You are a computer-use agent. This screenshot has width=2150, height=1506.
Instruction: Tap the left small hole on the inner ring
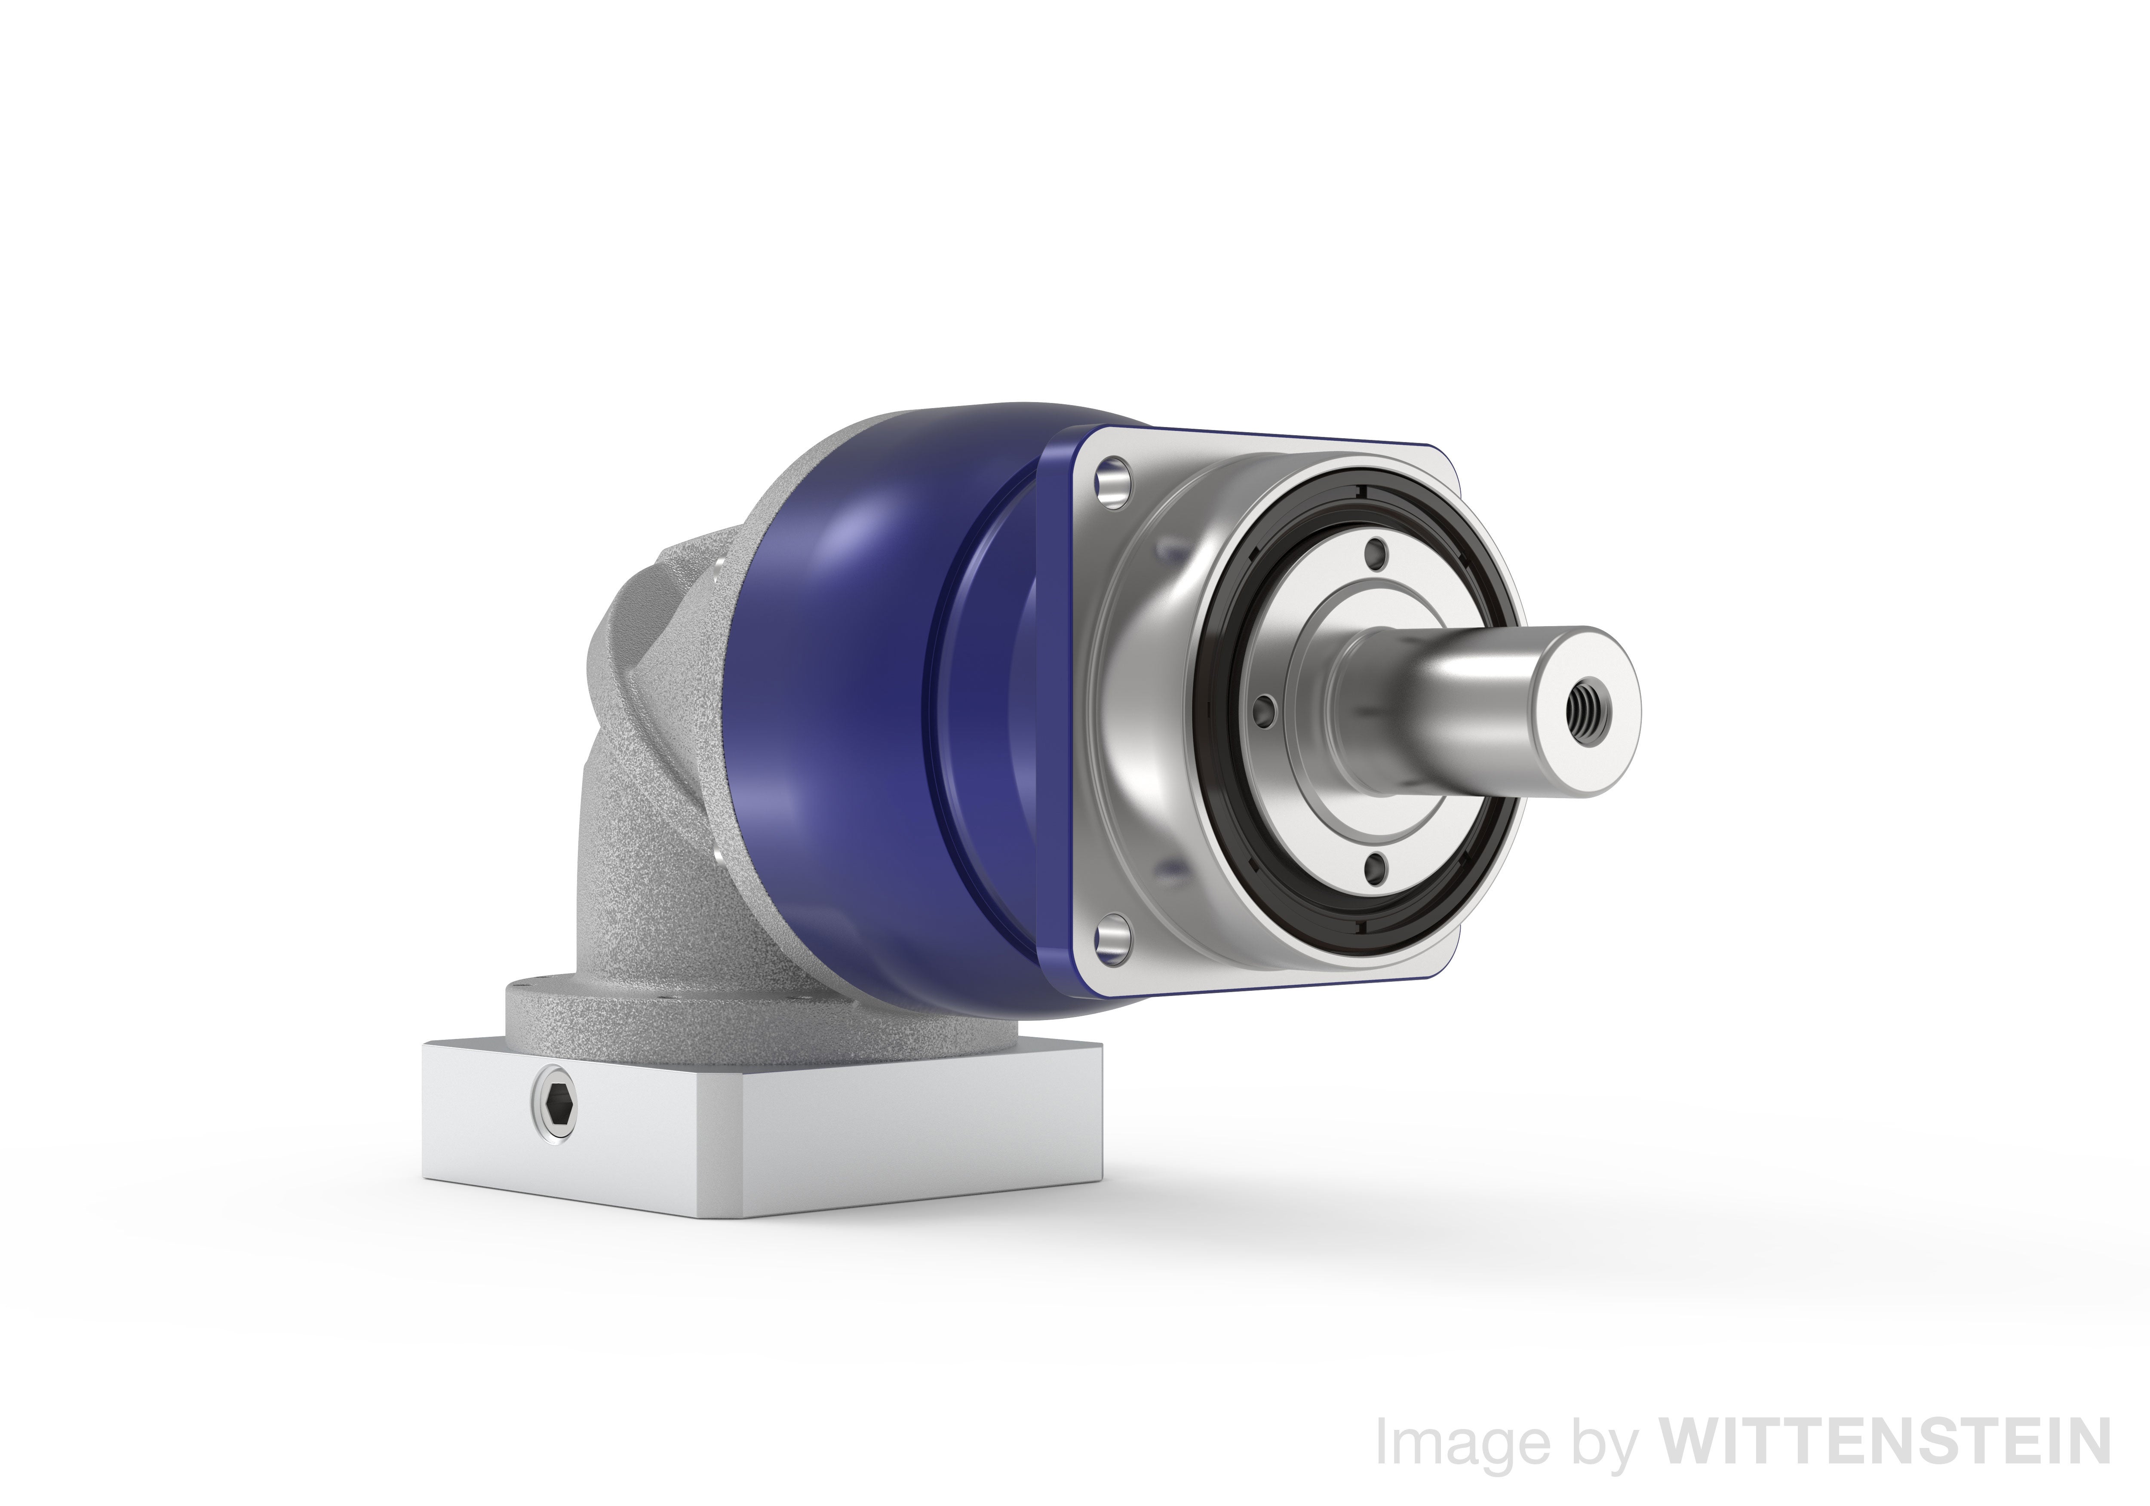click(x=1264, y=709)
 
